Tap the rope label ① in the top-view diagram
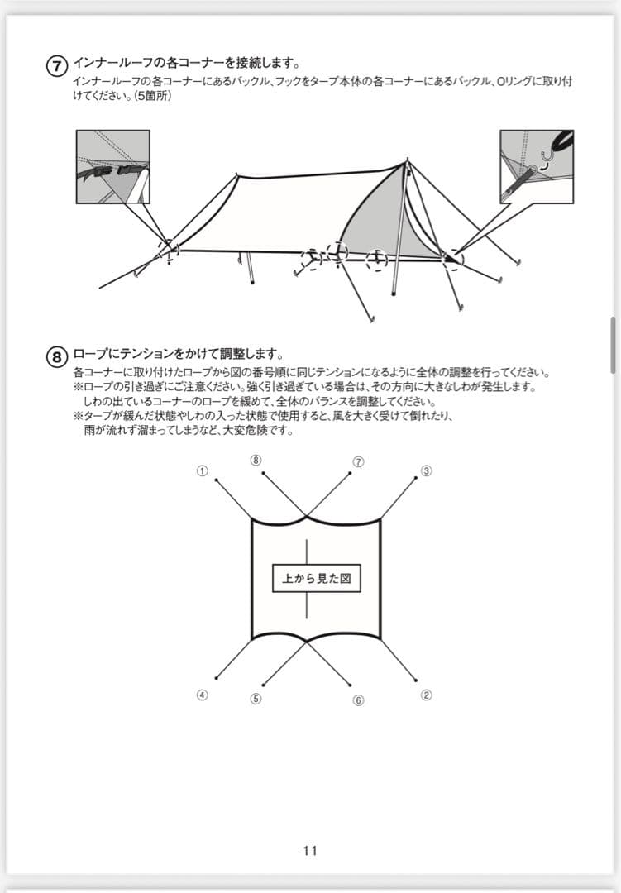(x=201, y=470)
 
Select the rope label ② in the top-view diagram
(x=427, y=695)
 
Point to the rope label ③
(x=427, y=470)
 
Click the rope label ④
(x=201, y=695)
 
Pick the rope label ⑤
(x=256, y=699)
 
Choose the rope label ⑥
(x=358, y=700)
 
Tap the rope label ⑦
(x=358, y=461)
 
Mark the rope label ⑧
(x=256, y=461)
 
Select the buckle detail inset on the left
(x=112, y=166)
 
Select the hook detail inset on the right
(x=537, y=166)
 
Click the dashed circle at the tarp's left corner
(x=169, y=248)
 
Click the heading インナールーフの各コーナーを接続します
(x=186, y=63)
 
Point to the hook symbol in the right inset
(x=545, y=157)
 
